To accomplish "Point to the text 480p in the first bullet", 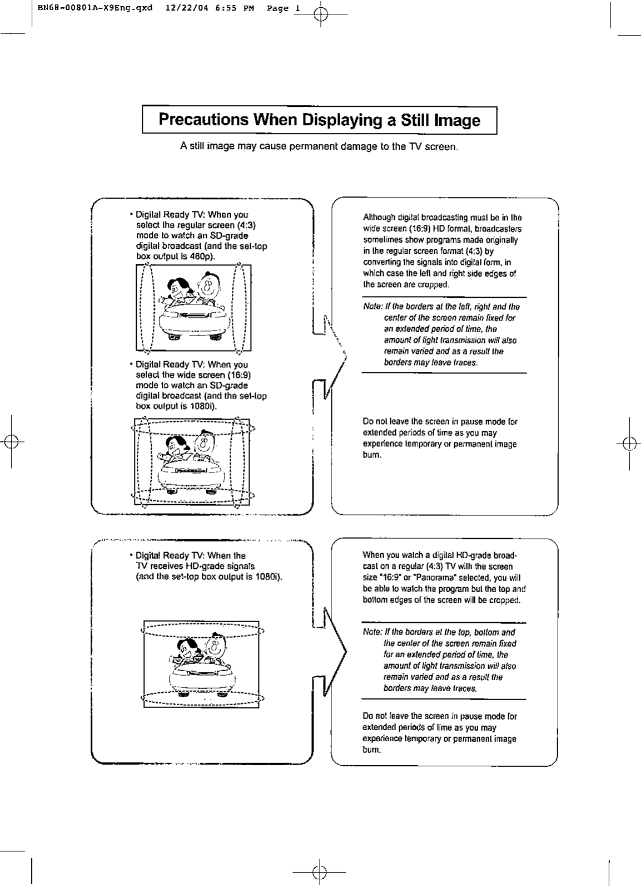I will pos(203,257).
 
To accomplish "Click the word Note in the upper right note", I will pos(371,307).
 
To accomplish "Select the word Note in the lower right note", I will pos(370,632).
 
